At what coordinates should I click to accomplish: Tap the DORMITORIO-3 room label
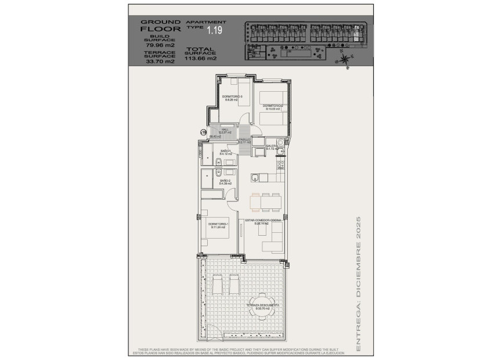pyautogui.click(x=232, y=96)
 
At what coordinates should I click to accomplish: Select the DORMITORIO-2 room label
pyautogui.click(x=272, y=105)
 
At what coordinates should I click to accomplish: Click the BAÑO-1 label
pyautogui.click(x=226, y=151)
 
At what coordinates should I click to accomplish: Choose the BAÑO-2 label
pyautogui.click(x=226, y=181)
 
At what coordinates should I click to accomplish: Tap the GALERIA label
pyautogui.click(x=271, y=147)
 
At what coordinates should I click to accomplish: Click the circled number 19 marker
pyautogui.click(x=203, y=132)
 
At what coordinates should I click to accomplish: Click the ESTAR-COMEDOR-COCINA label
pyautogui.click(x=263, y=221)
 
